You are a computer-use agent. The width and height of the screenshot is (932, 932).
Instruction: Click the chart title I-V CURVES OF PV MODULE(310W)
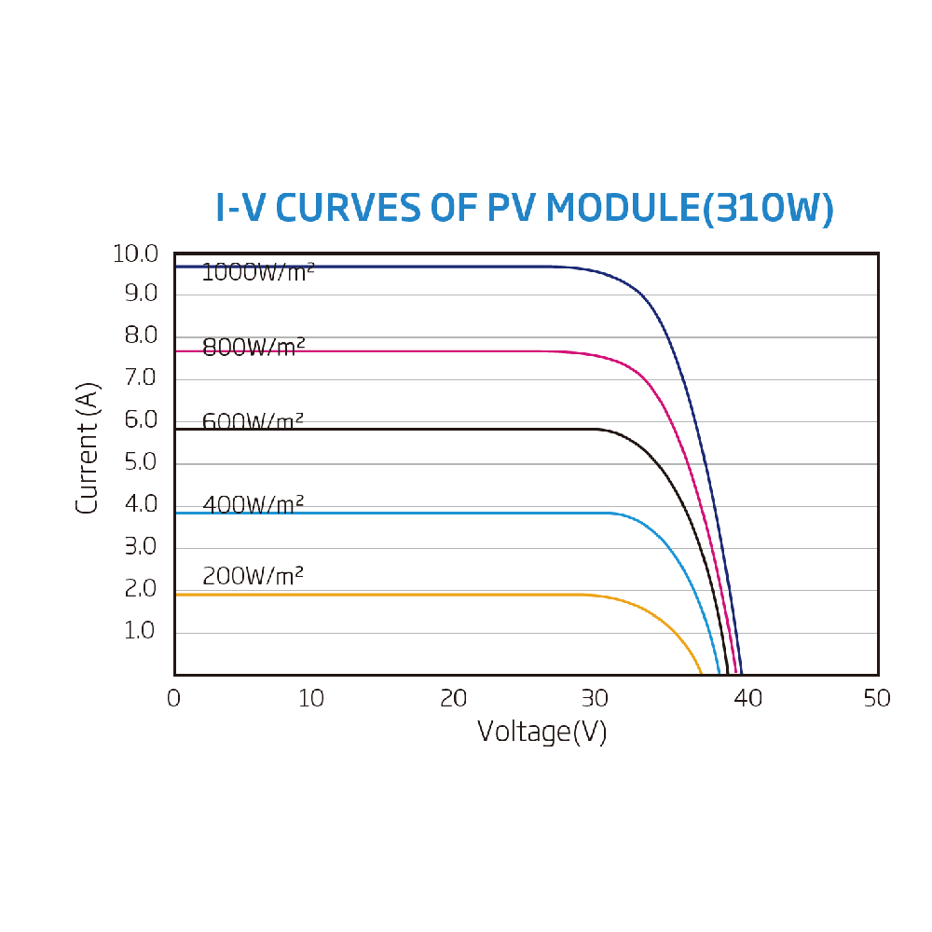524,209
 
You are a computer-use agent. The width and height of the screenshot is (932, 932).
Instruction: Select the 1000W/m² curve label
258,273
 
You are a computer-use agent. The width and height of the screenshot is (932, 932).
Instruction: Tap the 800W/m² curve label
254,348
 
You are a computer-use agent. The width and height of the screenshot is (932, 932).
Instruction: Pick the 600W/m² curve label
254,421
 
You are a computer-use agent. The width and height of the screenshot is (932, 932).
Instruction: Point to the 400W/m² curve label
254,505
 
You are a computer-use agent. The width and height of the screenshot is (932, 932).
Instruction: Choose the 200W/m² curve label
254,576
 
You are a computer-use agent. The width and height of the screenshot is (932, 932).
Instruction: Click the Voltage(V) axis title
541,732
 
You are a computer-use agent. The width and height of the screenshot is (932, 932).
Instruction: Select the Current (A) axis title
87,447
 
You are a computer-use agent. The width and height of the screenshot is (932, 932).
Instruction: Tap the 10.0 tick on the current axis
135,254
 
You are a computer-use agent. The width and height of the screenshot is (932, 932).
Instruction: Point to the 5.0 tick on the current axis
141,463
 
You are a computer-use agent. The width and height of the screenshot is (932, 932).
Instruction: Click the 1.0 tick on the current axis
141,632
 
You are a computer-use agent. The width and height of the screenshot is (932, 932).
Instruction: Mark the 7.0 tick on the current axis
141,378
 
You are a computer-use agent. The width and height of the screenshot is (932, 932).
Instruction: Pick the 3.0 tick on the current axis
141,547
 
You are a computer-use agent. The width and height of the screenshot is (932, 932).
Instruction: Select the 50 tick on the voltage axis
876,698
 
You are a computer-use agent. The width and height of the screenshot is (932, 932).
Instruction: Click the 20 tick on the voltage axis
453,698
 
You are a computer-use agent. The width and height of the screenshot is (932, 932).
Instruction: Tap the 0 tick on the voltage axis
174,698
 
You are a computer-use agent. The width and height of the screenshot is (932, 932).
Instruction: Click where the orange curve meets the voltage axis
702,673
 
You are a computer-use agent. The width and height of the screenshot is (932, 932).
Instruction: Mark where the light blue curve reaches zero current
720,673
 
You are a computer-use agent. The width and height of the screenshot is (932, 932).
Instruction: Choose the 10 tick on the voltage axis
311,698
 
